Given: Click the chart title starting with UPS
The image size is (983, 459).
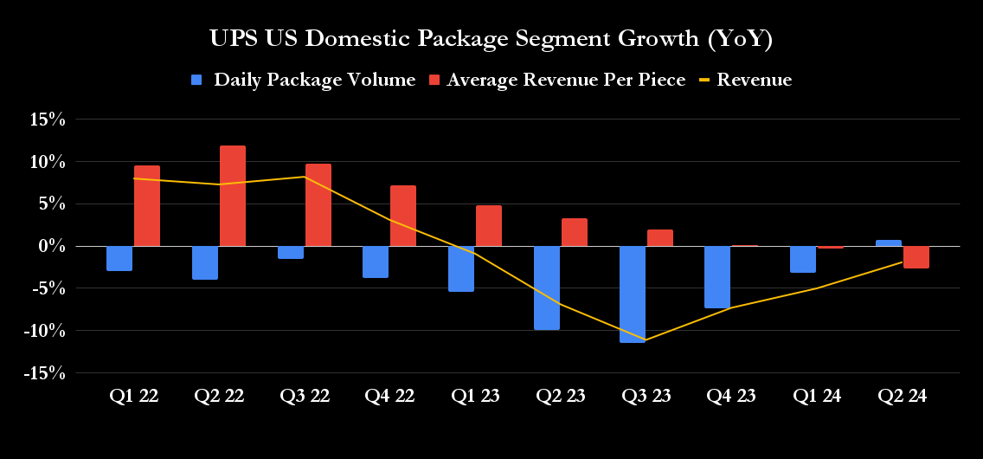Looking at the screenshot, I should pos(491,39).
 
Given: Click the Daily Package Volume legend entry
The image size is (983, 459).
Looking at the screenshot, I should pos(304,80).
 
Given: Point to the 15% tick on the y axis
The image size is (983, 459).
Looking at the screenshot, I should pos(48,120).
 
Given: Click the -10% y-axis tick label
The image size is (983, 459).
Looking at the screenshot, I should pos(45,331).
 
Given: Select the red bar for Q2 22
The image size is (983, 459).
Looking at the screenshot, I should pos(233,196).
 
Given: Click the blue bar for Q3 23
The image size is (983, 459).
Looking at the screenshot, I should pos(633,294).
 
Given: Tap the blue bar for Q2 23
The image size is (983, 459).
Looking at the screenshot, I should pos(547,288).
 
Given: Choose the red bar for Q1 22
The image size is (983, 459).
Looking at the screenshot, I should pos(147,206).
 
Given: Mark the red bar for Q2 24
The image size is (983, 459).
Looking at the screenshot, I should pos(916,257).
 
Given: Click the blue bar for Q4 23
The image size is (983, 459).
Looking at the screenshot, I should pos(717,277).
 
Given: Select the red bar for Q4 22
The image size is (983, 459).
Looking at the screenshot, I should pos(404,216).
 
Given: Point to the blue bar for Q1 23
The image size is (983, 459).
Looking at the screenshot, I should pos(461,268).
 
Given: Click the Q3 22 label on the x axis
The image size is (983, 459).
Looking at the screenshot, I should pos(305,397).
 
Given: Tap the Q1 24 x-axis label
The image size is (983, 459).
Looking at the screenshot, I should pos(818,397).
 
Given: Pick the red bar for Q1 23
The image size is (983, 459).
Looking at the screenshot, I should pos(489,226).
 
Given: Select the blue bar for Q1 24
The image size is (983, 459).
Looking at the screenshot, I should pos(803,260).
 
